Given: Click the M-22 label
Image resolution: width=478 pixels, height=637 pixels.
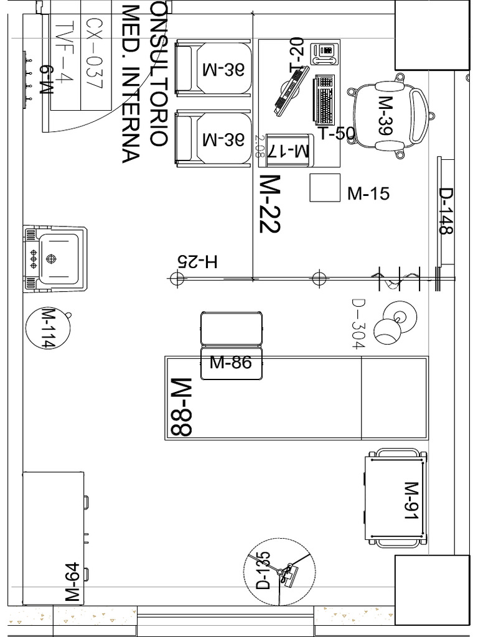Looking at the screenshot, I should click(x=269, y=204).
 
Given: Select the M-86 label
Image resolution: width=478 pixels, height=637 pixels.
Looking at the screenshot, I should click(x=231, y=363).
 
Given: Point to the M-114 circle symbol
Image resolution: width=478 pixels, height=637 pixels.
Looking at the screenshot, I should click(x=47, y=327).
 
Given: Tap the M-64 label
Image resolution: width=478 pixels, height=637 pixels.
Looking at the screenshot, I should click(x=73, y=582).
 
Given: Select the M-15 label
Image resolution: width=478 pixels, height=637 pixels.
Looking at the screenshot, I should click(x=368, y=193).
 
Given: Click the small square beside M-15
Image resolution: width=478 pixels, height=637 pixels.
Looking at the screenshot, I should click(x=325, y=188).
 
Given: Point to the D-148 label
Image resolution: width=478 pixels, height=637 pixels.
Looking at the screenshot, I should click(x=446, y=212).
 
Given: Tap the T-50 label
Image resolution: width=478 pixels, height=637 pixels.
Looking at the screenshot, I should click(x=336, y=134).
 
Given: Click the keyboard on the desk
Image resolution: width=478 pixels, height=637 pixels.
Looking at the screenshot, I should click(x=325, y=98).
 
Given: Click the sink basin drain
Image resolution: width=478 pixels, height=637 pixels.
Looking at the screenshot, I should click(x=52, y=258).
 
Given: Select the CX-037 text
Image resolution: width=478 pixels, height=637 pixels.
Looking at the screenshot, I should click(x=93, y=54).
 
